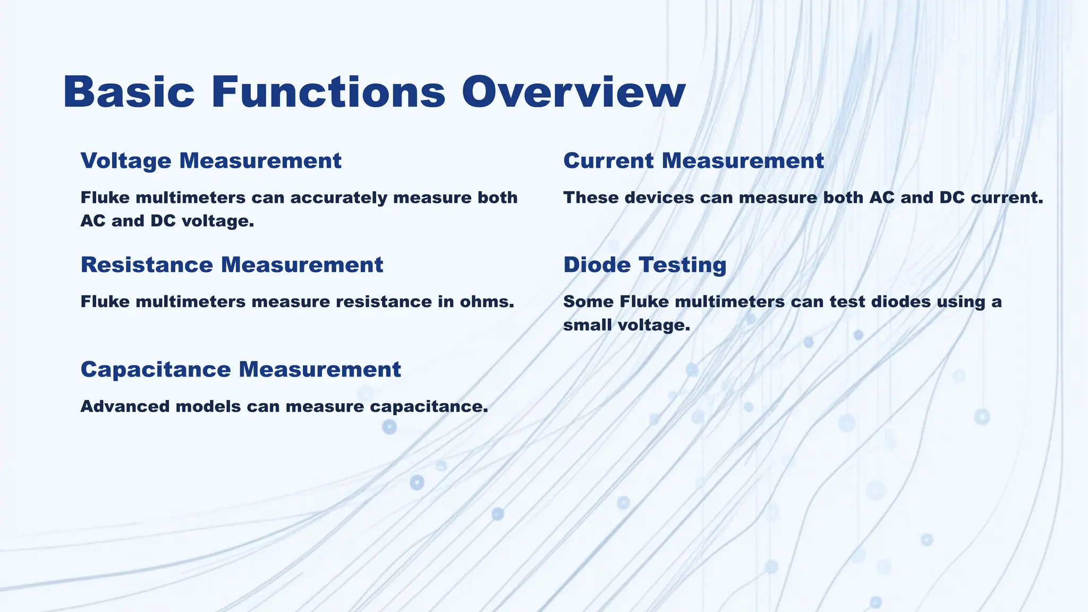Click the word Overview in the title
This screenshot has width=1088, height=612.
[573, 92]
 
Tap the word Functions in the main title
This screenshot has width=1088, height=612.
[328, 92]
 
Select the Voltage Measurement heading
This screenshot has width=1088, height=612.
[211, 160]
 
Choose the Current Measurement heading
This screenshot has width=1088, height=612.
[693, 160]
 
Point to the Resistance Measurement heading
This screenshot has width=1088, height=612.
[232, 265]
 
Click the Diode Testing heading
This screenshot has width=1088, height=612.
[644, 265]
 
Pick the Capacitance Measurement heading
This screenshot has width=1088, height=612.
[241, 369]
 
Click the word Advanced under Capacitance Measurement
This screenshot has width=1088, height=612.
[125, 406]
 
